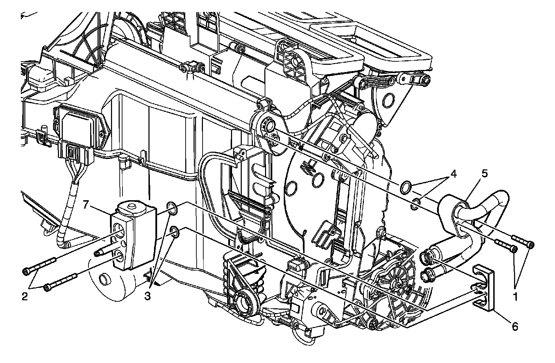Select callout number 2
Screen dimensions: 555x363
(x=25, y=296)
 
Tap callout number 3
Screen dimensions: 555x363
(x=147, y=296)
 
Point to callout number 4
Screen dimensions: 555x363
(x=453, y=174)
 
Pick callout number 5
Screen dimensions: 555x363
(x=485, y=174)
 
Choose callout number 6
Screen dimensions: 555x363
(x=515, y=327)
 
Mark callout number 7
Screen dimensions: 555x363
(x=86, y=205)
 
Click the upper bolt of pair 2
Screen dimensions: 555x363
(x=40, y=266)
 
